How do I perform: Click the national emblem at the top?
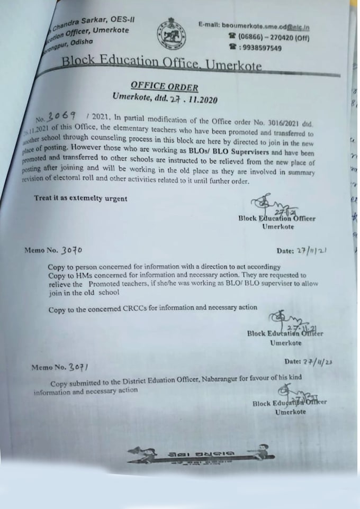click(x=170, y=36)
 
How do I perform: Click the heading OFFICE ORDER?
click(x=165, y=87)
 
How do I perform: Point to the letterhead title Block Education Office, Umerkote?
click(x=161, y=63)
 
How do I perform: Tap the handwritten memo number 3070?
click(x=72, y=250)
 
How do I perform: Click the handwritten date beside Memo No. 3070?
click(x=313, y=250)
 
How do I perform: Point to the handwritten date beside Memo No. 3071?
click(x=316, y=362)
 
